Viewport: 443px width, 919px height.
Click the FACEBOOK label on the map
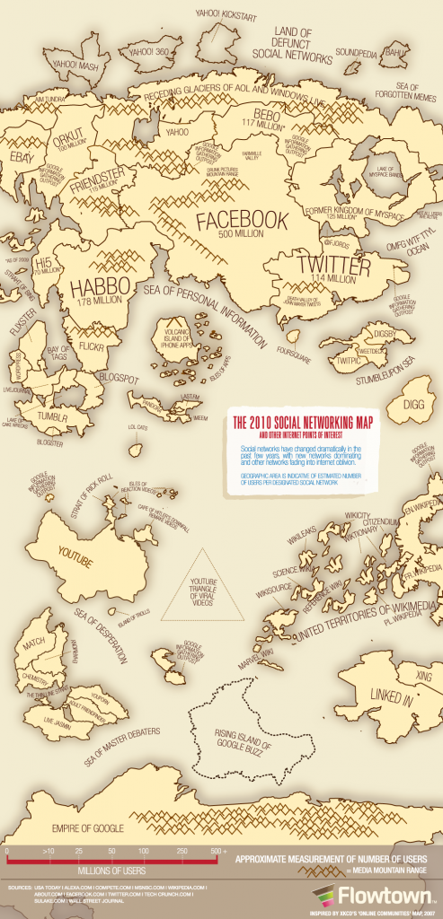[x=242, y=220]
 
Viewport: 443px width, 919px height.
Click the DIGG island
[x=414, y=404]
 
